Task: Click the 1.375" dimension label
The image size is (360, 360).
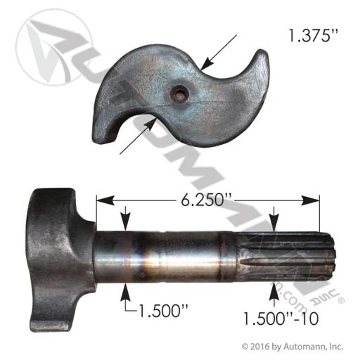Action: coord(313,36)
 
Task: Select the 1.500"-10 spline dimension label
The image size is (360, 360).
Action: coord(281,319)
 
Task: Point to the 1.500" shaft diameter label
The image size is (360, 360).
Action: coord(164,311)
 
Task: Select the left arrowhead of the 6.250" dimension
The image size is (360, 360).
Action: coord(105,200)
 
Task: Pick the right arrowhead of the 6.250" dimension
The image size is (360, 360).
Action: coord(310,200)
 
